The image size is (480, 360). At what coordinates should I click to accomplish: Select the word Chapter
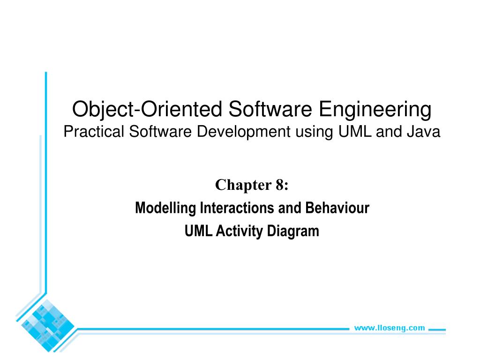240,186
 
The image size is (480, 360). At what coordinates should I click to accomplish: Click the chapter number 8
280,186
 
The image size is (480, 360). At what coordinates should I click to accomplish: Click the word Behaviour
337,208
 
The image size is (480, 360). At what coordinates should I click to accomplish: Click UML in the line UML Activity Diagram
199,231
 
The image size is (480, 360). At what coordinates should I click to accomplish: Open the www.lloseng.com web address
389,328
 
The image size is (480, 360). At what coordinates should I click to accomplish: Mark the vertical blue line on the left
46,187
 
